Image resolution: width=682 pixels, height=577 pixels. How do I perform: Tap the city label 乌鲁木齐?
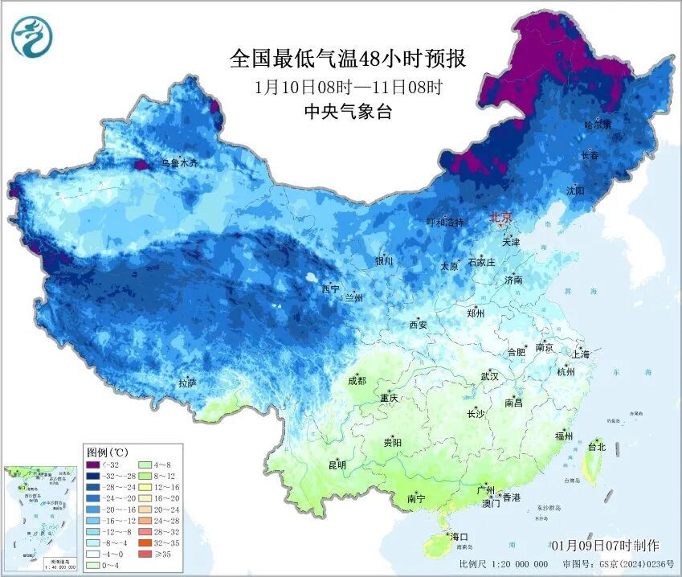point(178,163)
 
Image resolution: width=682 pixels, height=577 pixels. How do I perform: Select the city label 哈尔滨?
point(598,125)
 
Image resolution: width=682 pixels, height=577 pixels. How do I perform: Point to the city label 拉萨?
point(187,383)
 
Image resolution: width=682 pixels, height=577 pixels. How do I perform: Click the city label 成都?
point(357,381)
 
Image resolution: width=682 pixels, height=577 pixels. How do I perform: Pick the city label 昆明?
point(337,465)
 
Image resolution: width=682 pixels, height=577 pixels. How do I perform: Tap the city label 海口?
point(459,536)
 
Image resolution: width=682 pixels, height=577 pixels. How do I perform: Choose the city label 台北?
point(597,446)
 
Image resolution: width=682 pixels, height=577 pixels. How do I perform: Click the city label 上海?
point(581,354)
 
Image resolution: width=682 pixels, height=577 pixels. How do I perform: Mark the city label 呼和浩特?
point(445,223)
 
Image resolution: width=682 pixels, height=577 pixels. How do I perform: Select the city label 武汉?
point(489,376)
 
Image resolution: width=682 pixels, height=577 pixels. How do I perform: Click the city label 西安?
point(419,325)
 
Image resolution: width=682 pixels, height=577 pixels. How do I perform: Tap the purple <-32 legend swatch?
point(94,466)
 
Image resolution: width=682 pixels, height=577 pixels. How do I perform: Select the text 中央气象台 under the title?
point(348,112)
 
